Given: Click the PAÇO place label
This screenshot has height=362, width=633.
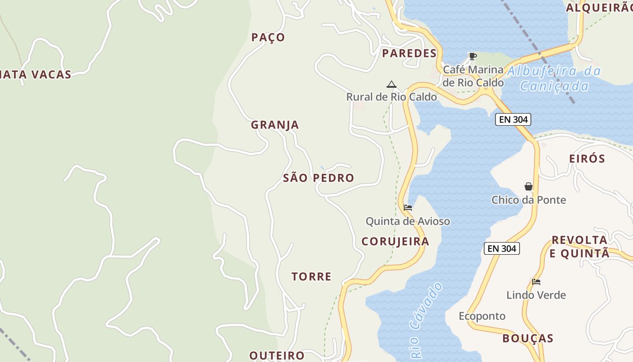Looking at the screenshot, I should (268, 38).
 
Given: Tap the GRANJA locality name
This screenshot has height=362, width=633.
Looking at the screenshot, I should (275, 125).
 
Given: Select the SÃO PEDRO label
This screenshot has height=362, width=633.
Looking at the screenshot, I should (318, 178).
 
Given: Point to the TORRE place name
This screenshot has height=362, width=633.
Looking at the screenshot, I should (312, 276).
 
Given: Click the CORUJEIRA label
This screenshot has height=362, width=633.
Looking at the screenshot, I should (395, 242).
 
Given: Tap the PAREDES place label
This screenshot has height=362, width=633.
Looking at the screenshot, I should (409, 53).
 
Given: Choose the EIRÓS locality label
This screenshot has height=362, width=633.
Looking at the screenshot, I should (587, 159).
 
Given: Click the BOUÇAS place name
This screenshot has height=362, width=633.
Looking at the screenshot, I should (528, 338).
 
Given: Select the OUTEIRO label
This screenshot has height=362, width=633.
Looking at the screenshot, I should (277, 355).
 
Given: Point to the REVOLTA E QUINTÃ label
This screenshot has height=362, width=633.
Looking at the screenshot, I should (580, 247).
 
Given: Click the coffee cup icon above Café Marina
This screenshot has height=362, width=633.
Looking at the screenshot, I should (472, 57).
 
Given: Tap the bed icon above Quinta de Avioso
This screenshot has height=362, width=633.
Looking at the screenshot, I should (407, 208).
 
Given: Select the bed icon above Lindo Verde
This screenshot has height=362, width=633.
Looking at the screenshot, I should (536, 282).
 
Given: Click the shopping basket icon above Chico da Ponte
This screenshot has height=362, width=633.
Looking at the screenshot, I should (528, 186).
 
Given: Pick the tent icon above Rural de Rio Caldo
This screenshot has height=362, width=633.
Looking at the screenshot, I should (391, 84).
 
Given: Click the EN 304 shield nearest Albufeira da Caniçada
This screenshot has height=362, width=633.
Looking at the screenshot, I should (513, 119).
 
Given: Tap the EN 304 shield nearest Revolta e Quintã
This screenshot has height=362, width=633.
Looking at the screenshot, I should (501, 248).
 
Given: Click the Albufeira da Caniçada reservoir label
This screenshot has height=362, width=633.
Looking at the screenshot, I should (554, 78).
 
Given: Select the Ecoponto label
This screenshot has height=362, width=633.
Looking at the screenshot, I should (482, 316).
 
